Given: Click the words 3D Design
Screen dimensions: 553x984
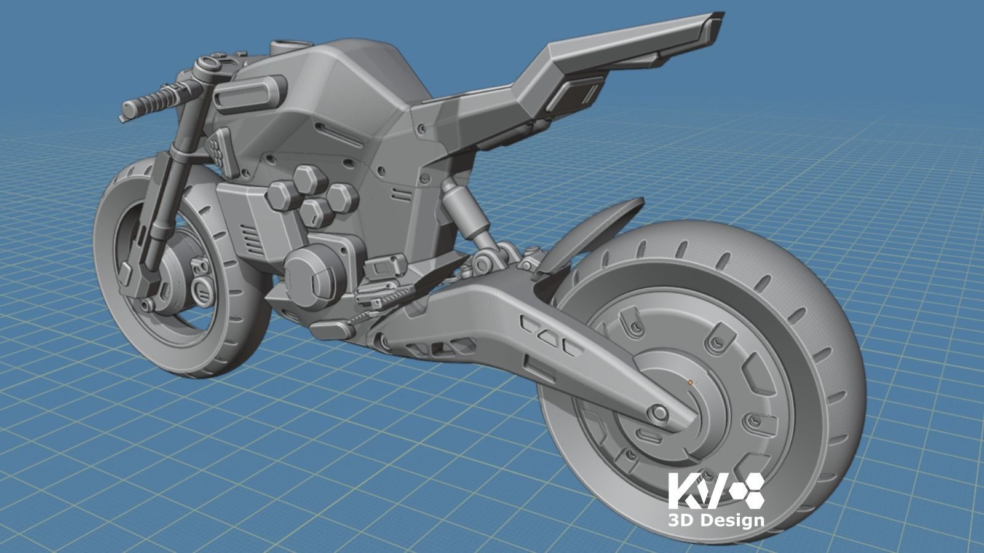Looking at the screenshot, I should (x=716, y=520).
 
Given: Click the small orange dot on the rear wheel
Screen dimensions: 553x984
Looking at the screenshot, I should (x=690, y=382).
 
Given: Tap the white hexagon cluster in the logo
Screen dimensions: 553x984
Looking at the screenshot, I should (x=747, y=490).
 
